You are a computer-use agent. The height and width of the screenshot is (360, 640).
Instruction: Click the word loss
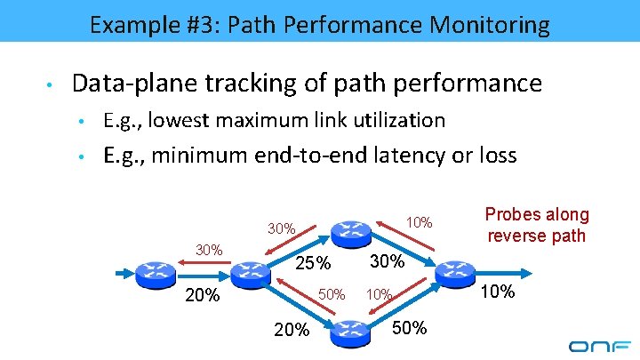pyautogui.click(x=495, y=156)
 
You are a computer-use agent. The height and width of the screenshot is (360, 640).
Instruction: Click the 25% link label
pyautogui.click(x=312, y=264)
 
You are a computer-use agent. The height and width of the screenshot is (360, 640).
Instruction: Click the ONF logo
pyautogui.click(x=599, y=345)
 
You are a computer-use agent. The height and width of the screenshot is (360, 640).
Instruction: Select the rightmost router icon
pyautogui.click(x=456, y=272)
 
